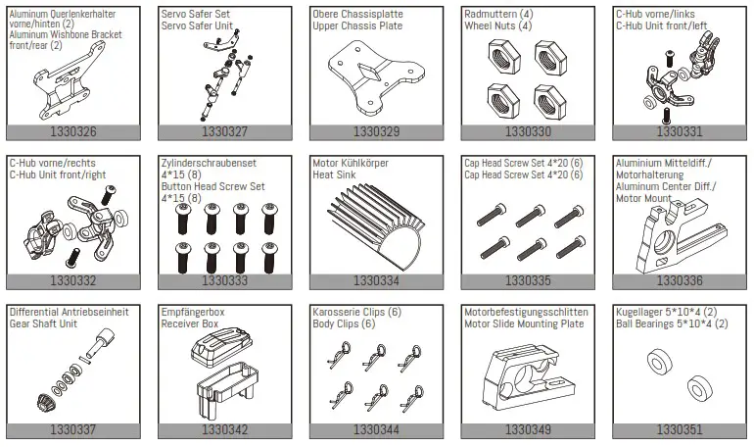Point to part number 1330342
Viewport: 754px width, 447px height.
[x=224, y=429]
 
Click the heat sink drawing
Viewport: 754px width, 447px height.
[x=373, y=225]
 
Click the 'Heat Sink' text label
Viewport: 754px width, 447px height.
[x=334, y=174]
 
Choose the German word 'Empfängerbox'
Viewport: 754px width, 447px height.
[x=193, y=313]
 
